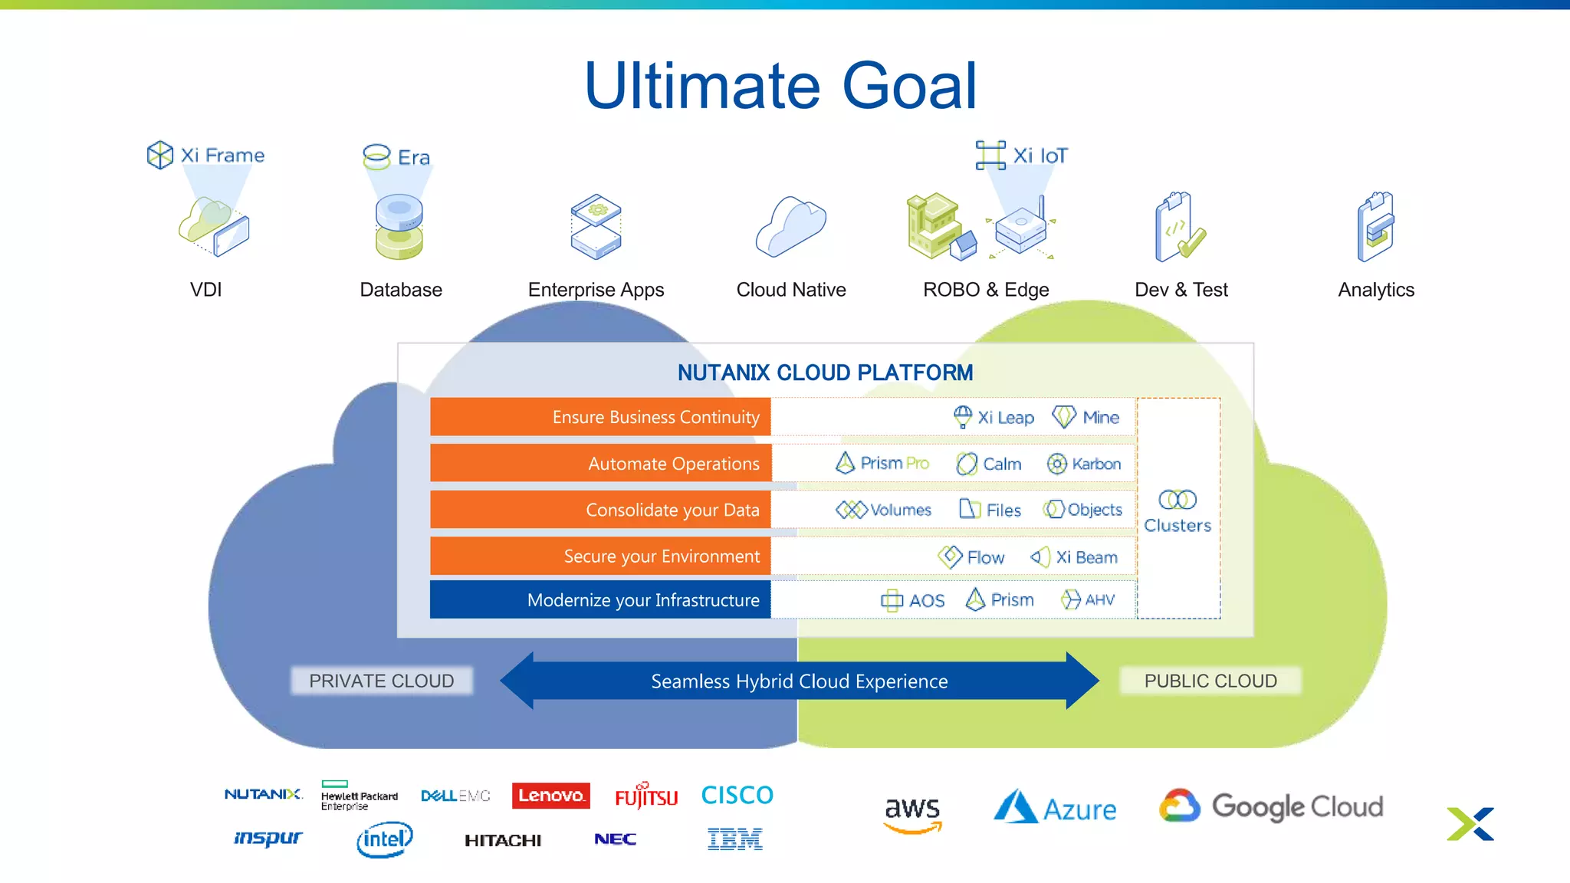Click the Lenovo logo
(550, 796)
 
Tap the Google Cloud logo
(1272, 806)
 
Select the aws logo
(911, 813)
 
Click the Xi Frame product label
(206, 155)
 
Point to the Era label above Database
(397, 157)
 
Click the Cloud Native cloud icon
(790, 227)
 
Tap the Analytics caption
(1375, 290)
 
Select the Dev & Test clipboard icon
(1179, 228)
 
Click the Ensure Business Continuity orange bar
(600, 417)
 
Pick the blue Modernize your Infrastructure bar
(600, 599)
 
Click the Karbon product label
(1084, 464)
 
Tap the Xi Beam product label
(1074, 557)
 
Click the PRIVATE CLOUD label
(381, 681)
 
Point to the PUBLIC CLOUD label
(1210, 681)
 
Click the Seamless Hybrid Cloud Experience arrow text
(799, 681)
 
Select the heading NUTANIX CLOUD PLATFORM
(825, 373)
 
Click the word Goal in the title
(909, 86)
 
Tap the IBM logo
(734, 839)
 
